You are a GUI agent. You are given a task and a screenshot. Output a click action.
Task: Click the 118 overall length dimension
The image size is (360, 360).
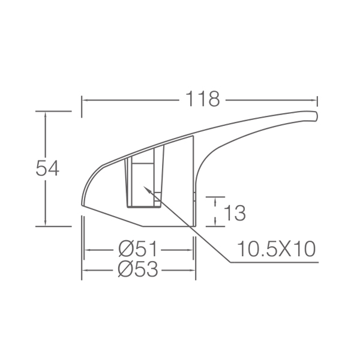pos(203,99)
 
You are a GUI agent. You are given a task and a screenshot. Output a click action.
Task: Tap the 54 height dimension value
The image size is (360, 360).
pos(47,168)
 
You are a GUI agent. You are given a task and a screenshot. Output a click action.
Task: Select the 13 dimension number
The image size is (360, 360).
pos(235,213)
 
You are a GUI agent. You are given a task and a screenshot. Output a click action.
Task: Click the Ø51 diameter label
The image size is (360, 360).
pos(137,248)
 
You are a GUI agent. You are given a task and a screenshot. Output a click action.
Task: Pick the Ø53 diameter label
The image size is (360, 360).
pos(138,269)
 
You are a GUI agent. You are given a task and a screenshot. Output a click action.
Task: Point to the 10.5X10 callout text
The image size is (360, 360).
pos(276,249)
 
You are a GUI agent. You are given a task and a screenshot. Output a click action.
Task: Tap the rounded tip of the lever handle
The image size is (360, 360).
pos(317,116)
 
